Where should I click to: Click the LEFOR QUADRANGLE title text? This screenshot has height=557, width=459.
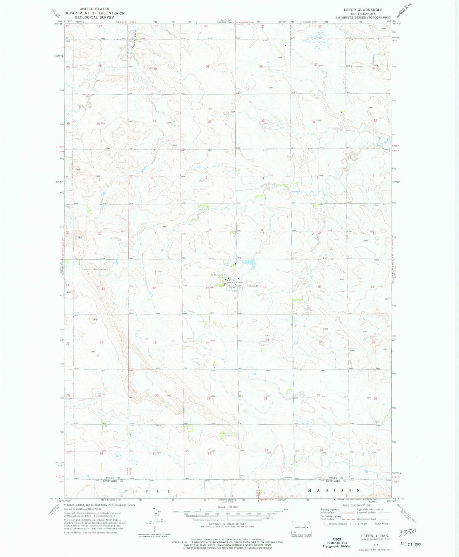point(363,10)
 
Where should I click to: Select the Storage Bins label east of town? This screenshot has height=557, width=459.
point(254,286)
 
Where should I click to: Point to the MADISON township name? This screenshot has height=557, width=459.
point(334,490)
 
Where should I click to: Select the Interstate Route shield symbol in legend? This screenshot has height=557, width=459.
point(326,524)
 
